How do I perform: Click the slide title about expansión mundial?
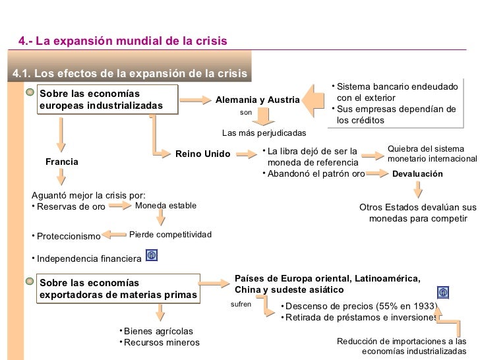pyautogui.click(x=123, y=41)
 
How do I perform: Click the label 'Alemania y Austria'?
pyautogui.click(x=257, y=100)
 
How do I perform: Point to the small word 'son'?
pyautogui.click(x=246, y=113)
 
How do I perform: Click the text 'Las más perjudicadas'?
pyautogui.click(x=264, y=133)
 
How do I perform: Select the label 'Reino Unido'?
pyautogui.click(x=203, y=154)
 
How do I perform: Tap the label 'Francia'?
pyautogui.click(x=62, y=162)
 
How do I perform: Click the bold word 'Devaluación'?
pyautogui.click(x=417, y=174)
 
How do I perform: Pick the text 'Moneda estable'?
pyautogui.click(x=165, y=206)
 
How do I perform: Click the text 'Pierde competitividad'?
pyautogui.click(x=170, y=235)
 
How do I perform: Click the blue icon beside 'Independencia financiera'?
pyautogui.click(x=151, y=255)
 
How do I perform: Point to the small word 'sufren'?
pyautogui.click(x=241, y=306)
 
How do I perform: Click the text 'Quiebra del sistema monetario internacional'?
pyautogui.click(x=431, y=154)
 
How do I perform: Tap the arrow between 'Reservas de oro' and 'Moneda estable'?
pyautogui.click(x=121, y=206)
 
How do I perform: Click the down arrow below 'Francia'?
pyautogui.click(x=61, y=176)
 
